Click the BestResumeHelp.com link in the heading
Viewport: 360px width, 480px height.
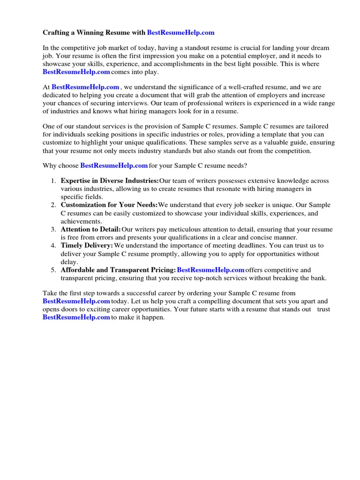pyautogui.click(x=180, y=32)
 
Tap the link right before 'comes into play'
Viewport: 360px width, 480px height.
pyautogui.click(x=76, y=72)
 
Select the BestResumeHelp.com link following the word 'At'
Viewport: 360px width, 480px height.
pyautogui.click(x=85, y=87)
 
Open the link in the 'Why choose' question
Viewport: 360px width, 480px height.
pyautogui.click(x=114, y=165)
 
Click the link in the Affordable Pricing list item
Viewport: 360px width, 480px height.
pyautogui.click(x=210, y=270)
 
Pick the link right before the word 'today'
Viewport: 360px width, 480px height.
pyautogui.click(x=76, y=301)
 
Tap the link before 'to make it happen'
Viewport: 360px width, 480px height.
pyautogui.click(x=76, y=317)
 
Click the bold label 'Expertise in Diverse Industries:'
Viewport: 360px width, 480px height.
pyautogui.click(x=110, y=181)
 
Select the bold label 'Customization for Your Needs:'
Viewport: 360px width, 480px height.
pyautogui.click(x=109, y=205)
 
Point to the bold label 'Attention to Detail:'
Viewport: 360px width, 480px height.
pyautogui.click(x=90, y=229)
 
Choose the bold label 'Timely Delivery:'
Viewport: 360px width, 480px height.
pyautogui.click(x=87, y=246)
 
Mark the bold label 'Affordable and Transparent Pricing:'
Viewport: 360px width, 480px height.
pyautogui.click(x=118, y=270)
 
